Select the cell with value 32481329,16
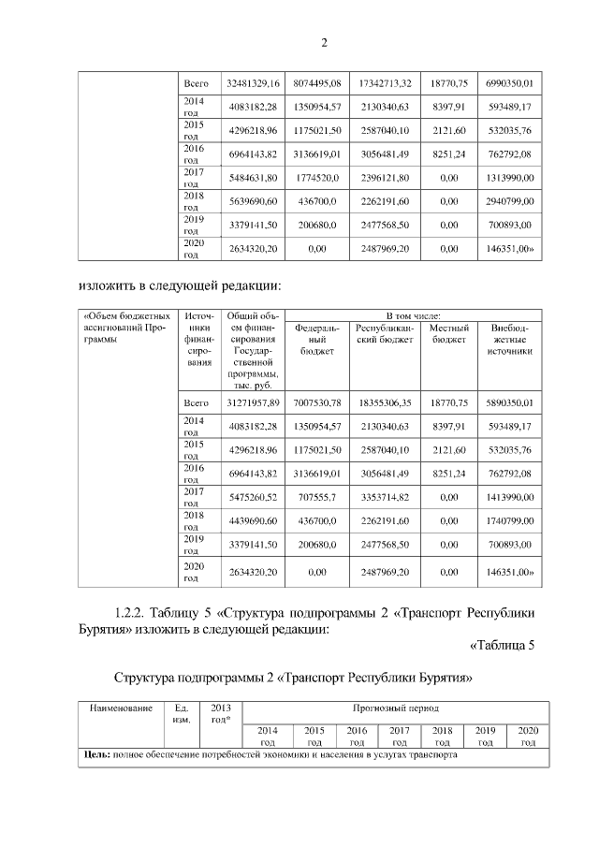(x=253, y=84)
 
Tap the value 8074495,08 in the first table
(x=316, y=84)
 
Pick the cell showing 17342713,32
(x=385, y=84)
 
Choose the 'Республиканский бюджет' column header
(x=385, y=334)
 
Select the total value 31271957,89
(x=253, y=402)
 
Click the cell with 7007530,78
(x=316, y=402)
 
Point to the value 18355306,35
(x=385, y=402)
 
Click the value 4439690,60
(x=253, y=519)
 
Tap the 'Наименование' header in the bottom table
(x=121, y=708)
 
